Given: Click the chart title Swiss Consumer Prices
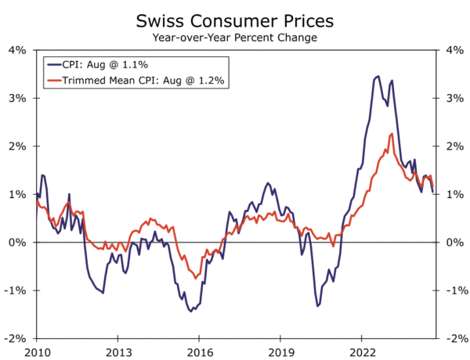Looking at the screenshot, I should [234, 19].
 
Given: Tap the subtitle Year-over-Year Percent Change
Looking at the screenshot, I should [234, 36].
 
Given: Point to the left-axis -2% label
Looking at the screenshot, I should [16, 339].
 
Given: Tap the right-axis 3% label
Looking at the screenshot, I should [452, 99].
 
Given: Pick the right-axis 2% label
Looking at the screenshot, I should [452, 146].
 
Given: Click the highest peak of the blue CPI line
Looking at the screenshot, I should [378, 76].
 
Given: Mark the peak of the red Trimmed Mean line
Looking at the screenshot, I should [392, 134].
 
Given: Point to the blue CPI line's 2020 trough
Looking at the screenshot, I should [318, 305].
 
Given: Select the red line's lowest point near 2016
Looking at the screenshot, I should [195, 278].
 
